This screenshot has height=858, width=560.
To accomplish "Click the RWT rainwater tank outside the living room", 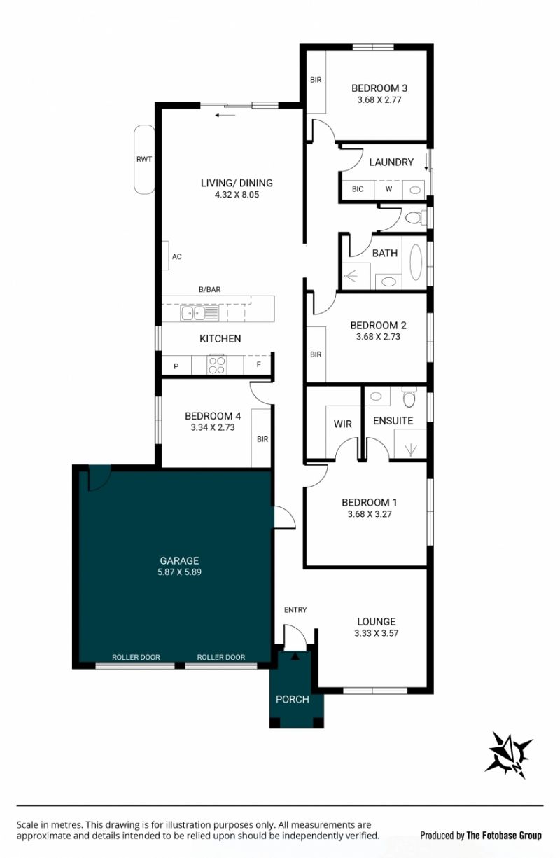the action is tap(144, 159).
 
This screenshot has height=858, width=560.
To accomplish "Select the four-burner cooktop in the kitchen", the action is tap(217, 365).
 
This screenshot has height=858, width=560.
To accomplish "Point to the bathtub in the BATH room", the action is tap(415, 263).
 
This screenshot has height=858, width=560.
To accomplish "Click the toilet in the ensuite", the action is tap(409, 397).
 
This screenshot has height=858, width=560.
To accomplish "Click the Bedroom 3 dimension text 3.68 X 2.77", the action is tap(379, 100).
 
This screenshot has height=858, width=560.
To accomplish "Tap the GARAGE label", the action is tap(179, 560).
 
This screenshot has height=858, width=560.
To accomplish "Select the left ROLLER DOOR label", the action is tap(136, 657).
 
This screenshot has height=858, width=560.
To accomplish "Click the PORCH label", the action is tap(293, 700).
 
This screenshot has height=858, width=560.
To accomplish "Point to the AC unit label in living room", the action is tap(177, 256).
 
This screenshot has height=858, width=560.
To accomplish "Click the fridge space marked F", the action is tap(258, 365).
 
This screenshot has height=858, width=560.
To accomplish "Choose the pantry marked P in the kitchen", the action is tap(176, 366).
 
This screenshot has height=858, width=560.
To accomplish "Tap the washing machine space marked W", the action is tap(388, 189).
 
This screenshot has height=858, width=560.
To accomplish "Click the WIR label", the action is tap(342, 424).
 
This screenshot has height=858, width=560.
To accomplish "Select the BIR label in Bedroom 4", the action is tap(262, 439).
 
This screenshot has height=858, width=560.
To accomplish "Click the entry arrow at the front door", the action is tap(295, 656).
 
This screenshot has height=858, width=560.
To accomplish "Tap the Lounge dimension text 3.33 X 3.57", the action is tap(377, 633).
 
